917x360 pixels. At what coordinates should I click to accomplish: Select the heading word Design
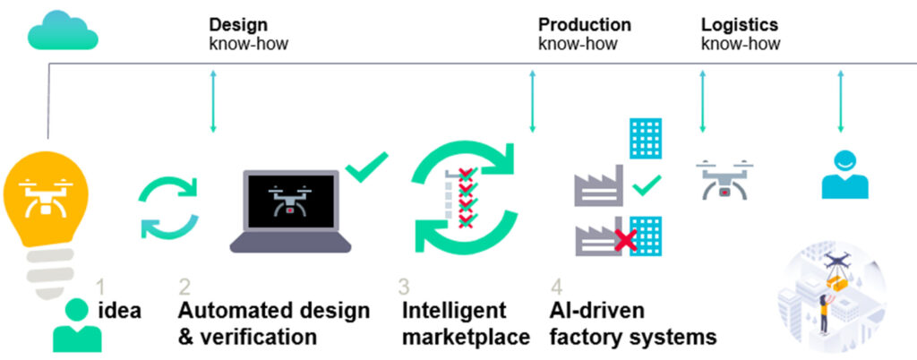[x=238, y=24]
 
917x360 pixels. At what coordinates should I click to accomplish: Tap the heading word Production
[x=584, y=24]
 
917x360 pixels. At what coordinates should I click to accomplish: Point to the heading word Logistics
[x=739, y=24]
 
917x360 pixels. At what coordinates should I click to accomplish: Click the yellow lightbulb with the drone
[x=45, y=210]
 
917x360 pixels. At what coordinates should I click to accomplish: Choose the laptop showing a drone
[x=291, y=211]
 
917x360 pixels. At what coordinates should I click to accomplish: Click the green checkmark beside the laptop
[x=366, y=167]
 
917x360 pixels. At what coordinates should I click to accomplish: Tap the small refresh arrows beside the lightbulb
[x=168, y=209]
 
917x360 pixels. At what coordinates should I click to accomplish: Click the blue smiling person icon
[x=844, y=175]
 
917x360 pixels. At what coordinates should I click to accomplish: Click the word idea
[x=121, y=311]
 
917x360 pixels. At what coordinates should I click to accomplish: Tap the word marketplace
[x=466, y=338]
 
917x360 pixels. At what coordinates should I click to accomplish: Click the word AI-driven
[x=597, y=311]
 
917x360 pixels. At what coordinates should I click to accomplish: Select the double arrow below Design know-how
[x=213, y=101]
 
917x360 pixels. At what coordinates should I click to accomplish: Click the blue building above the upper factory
[x=646, y=138]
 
